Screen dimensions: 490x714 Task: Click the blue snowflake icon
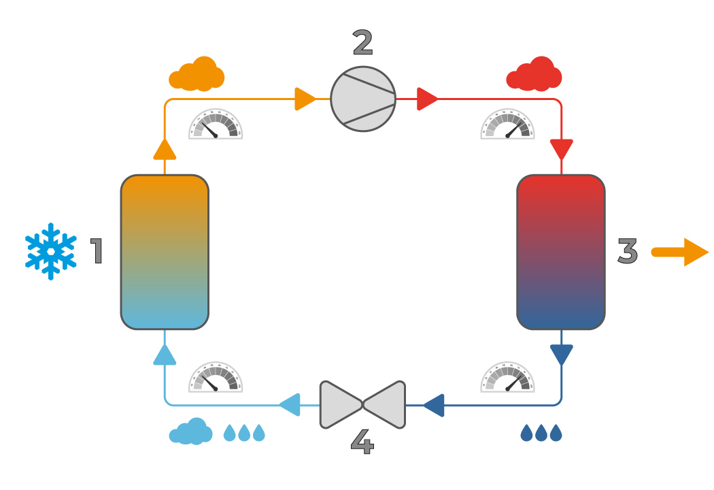coord(50,250)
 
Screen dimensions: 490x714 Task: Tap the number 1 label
coord(97,251)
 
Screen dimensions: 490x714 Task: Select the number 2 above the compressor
coord(362,43)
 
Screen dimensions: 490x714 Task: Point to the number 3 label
coord(627,251)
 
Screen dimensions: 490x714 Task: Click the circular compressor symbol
coord(363,99)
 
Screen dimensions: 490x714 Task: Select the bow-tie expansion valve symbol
coord(362,405)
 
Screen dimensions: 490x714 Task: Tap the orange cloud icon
coord(197,74)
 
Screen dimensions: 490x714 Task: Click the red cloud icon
coord(534,75)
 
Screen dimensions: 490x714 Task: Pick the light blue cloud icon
coord(190,432)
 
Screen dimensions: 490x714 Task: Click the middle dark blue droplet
coord(541,433)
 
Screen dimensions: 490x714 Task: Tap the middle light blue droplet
coord(244,433)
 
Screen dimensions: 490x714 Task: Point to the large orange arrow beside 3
coord(680,252)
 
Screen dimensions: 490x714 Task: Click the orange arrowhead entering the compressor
coord(304,99)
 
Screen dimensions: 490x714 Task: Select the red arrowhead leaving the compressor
coord(427,99)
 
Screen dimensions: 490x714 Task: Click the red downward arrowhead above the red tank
coord(562,148)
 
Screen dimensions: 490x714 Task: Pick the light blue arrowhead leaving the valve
coord(290,405)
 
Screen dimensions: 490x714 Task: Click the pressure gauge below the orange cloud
coord(216,125)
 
